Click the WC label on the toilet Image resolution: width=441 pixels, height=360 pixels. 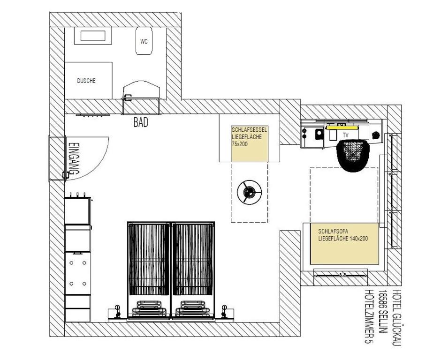(144, 42)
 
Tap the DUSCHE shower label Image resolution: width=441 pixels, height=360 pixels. (86, 81)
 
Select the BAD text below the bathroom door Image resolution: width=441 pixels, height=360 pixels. (141, 122)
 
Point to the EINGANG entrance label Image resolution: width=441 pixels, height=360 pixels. (74, 158)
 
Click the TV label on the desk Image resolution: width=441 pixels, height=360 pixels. (346, 135)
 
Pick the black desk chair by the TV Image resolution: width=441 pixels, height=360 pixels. (353, 156)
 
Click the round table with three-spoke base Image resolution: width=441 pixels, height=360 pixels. (249, 192)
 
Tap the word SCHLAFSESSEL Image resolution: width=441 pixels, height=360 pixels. (249, 130)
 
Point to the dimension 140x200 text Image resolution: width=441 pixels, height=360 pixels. (359, 239)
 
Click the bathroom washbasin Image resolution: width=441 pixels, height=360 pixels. (93, 36)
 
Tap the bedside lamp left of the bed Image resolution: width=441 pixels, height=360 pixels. (118, 311)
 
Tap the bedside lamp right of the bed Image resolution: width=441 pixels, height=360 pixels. (224, 311)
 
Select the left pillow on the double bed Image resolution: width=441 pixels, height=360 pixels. (149, 308)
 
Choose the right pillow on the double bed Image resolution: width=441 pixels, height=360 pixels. (193, 308)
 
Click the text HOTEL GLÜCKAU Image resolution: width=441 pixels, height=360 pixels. (396, 317)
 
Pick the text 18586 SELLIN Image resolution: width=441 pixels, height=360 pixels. (382, 312)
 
